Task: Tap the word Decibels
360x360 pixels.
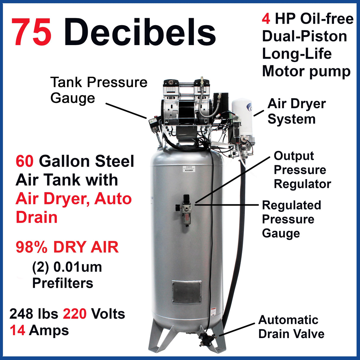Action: click(x=140, y=32)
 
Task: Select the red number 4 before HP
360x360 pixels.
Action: click(x=266, y=19)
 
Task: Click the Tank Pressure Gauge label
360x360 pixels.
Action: click(x=98, y=90)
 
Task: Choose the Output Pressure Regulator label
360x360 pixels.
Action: click(x=302, y=170)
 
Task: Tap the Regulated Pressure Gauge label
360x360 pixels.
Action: click(x=291, y=219)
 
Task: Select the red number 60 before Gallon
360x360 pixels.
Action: click(x=25, y=162)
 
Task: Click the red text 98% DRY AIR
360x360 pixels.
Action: click(x=67, y=247)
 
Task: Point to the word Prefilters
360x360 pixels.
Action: click(x=63, y=283)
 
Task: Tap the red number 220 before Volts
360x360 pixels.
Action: click(x=75, y=314)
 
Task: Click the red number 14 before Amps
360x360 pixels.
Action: click(x=17, y=330)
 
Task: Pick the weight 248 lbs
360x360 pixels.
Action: click(x=34, y=314)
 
